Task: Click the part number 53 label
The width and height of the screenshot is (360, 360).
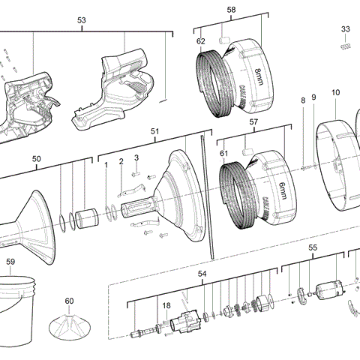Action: tap(81, 21)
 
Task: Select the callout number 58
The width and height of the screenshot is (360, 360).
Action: tap(231, 10)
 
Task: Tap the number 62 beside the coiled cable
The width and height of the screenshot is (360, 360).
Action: tap(200, 41)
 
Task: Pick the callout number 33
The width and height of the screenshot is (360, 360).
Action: tap(346, 29)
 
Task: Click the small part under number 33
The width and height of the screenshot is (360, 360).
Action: tap(346, 45)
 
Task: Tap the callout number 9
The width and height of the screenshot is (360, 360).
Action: tap(313, 97)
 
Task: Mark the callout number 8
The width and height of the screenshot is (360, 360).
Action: tap(303, 100)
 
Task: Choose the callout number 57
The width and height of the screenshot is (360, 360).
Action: tap(253, 121)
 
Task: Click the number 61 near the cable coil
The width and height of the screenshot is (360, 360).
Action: tap(222, 153)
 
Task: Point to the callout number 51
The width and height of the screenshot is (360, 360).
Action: tap(155, 131)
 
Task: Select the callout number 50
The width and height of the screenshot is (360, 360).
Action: tap(37, 158)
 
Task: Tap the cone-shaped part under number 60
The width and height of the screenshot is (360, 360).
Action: tap(69, 327)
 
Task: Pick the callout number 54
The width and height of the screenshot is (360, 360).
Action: tap(202, 274)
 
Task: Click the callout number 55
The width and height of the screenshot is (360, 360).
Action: tap(313, 247)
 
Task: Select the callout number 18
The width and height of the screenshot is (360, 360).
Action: tap(166, 305)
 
